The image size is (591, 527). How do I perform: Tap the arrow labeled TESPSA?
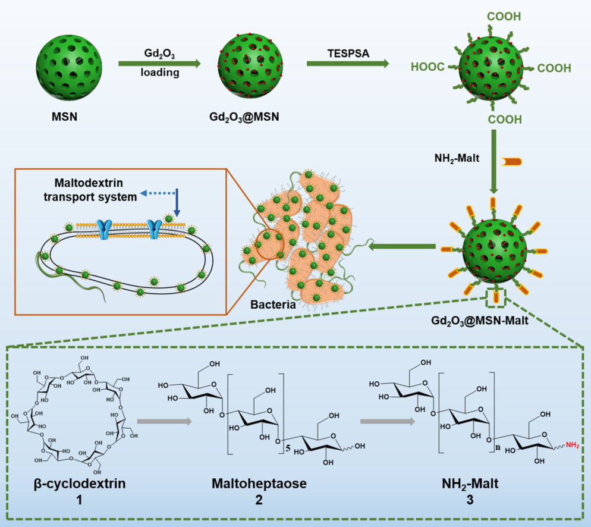[347, 61]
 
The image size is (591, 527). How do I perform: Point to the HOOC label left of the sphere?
[427, 68]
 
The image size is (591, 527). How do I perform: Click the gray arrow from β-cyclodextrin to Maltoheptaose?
[163, 422]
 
